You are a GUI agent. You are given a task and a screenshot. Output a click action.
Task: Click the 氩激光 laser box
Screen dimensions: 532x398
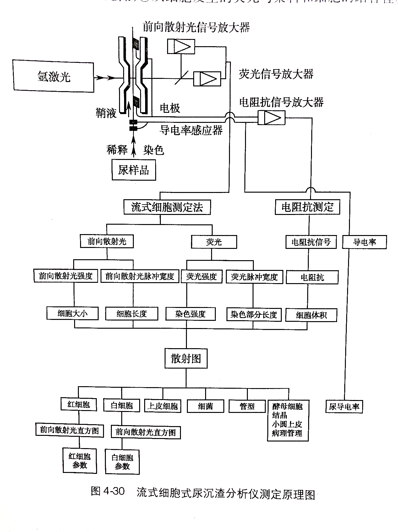(x=53, y=76)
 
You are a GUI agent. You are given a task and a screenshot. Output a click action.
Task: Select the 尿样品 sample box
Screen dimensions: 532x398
(x=134, y=170)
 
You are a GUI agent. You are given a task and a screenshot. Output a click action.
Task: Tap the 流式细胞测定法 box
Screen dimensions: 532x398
(x=167, y=207)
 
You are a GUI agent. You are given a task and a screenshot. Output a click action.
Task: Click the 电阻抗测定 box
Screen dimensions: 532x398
(x=307, y=207)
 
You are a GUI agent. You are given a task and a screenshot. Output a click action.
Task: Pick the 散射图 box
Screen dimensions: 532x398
(x=186, y=358)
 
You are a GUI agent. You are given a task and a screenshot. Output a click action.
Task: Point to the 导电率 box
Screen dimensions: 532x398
(x=364, y=242)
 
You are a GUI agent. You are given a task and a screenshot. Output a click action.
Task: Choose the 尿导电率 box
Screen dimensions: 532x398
(x=344, y=407)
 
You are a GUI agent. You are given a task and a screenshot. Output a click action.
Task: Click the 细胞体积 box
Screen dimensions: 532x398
(x=311, y=315)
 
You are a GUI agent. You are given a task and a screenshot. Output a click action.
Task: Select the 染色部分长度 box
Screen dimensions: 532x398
(x=254, y=314)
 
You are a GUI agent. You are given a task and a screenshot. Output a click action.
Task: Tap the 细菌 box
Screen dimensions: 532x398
(x=205, y=406)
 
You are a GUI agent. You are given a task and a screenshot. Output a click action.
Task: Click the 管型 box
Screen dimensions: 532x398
(x=247, y=406)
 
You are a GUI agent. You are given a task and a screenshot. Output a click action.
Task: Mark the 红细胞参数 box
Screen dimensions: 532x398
(x=79, y=461)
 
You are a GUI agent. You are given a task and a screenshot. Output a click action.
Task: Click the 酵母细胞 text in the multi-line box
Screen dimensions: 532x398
(x=287, y=406)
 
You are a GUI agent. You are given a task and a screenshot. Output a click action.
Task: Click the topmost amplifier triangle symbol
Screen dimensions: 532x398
(x=181, y=47)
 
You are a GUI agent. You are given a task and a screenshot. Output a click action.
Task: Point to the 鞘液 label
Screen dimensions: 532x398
(x=106, y=113)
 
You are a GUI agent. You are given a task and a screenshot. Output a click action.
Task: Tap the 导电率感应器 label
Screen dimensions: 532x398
(x=191, y=130)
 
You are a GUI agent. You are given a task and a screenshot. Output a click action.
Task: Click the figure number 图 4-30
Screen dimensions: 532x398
(x=108, y=491)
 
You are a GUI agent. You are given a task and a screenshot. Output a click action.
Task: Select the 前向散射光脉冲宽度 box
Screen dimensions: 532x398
(x=139, y=276)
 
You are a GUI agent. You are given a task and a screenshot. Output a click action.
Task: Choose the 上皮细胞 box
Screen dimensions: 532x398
(x=162, y=406)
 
